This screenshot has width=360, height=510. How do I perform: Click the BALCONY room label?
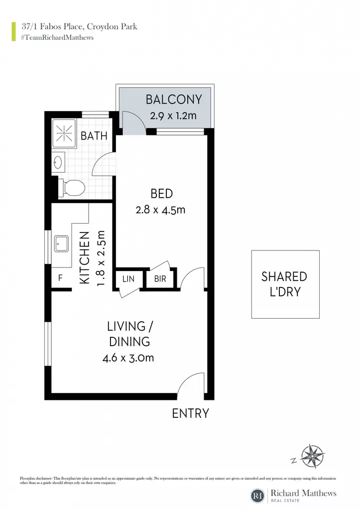coord(174,100)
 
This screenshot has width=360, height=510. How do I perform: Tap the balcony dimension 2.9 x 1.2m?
coord(173,116)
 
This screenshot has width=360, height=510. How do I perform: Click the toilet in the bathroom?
coord(72,188)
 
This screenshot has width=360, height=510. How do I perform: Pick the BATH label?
coord(94,135)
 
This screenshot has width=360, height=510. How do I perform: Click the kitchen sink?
coord(61,244)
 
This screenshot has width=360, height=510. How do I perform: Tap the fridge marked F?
coord(60,278)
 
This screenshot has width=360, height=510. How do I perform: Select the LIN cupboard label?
coord(128,279)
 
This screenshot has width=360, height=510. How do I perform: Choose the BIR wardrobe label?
coord(160,279)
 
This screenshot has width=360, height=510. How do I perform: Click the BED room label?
coord(162,194)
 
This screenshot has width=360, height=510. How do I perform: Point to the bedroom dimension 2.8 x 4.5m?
coord(160,210)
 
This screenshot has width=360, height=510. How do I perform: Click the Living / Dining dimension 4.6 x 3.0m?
coord(128,358)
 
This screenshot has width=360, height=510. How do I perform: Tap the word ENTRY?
coord(191,413)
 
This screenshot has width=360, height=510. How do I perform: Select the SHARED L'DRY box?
coord(285,284)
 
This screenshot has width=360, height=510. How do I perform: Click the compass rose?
coord(312,456)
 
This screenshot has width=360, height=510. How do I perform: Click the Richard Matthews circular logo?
coord(258,495)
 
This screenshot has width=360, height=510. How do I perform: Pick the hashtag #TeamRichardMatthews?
coord(57,37)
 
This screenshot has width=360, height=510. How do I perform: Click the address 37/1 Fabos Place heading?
coord(79,26)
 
